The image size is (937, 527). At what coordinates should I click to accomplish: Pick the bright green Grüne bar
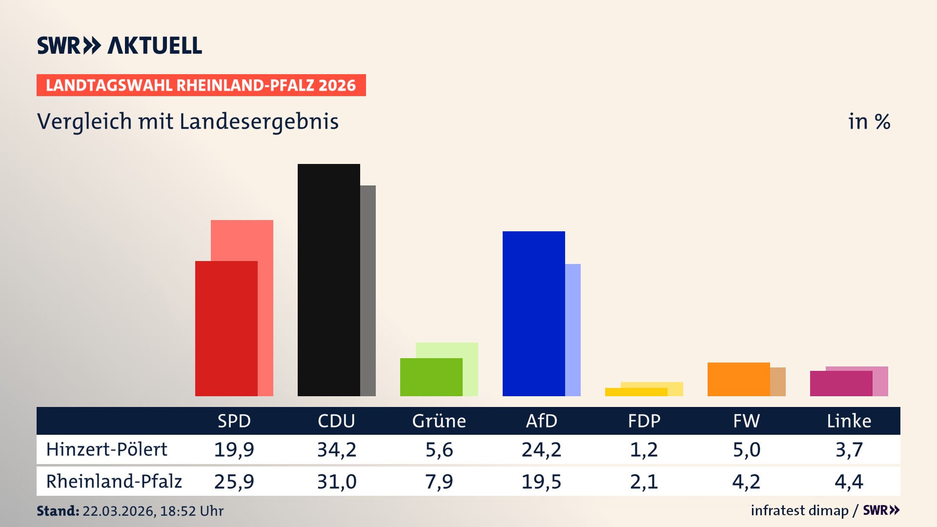point(431,377)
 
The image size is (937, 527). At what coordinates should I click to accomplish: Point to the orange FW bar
point(738,379)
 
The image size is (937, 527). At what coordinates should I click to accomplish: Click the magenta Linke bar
point(841,384)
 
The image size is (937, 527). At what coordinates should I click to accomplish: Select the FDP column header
point(644,421)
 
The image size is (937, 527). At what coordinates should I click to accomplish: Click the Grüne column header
point(439,421)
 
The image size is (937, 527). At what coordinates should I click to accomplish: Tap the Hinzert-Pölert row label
point(106,449)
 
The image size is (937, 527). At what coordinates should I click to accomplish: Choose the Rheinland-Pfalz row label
point(114,481)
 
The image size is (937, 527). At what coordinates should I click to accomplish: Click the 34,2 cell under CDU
point(336,449)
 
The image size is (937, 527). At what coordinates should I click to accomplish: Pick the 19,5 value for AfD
point(541,482)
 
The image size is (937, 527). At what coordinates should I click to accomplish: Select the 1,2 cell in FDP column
point(644,449)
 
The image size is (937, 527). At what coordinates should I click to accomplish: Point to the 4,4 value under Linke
point(849,482)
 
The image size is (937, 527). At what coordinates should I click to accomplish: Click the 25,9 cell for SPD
point(234,482)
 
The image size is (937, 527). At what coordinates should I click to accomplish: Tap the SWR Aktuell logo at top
point(120,45)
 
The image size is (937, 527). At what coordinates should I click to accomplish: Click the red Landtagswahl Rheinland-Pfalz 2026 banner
point(201,85)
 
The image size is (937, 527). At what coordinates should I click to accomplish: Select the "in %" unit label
point(869,122)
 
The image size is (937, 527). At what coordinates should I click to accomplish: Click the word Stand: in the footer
point(58,511)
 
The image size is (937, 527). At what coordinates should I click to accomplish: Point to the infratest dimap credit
point(799,510)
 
